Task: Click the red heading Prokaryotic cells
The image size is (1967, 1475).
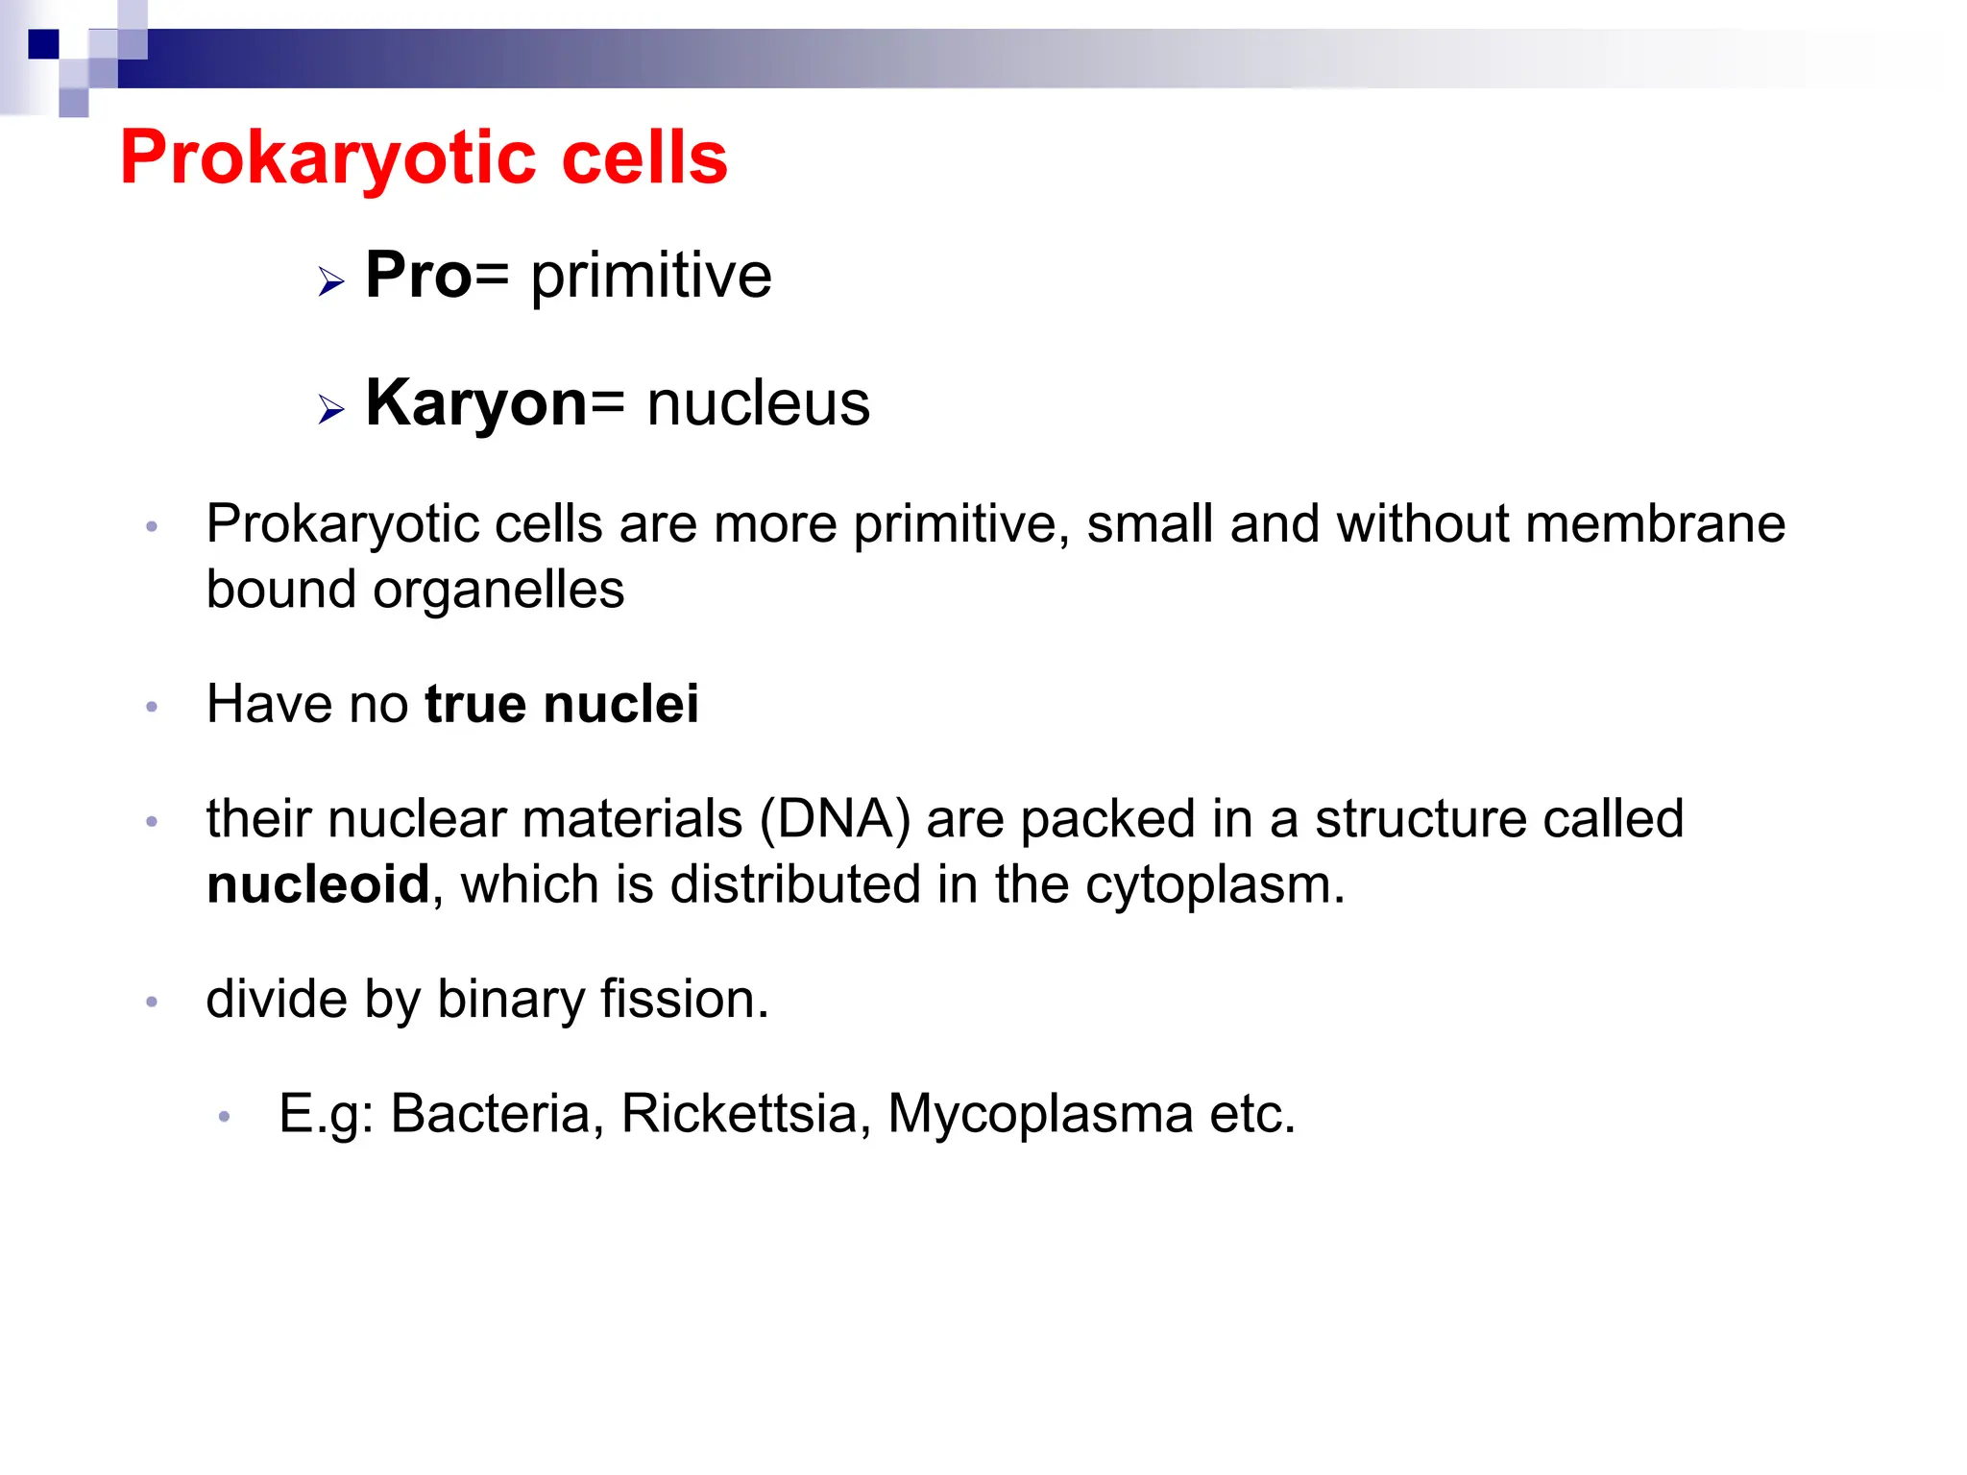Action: click(x=424, y=157)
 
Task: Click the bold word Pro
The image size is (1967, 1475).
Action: click(x=419, y=276)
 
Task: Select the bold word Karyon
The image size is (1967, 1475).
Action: click(x=476, y=403)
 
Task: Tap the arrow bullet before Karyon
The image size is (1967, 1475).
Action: click(x=331, y=410)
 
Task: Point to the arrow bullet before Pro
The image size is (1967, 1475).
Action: click(x=331, y=282)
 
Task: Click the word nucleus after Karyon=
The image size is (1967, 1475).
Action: click(x=759, y=403)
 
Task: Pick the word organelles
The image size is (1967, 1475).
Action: click(x=498, y=590)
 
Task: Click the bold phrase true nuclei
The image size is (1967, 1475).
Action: click(x=562, y=704)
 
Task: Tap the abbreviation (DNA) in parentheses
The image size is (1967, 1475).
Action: click(x=835, y=819)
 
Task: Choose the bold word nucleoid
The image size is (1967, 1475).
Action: click(x=318, y=884)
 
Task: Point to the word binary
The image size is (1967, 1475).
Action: click(x=510, y=1000)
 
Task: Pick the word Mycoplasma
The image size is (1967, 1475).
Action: click(x=1040, y=1114)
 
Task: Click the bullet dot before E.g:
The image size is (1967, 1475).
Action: click(x=224, y=1117)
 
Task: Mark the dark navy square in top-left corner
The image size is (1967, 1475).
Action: click(x=43, y=44)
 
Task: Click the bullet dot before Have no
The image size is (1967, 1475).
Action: click(x=152, y=708)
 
